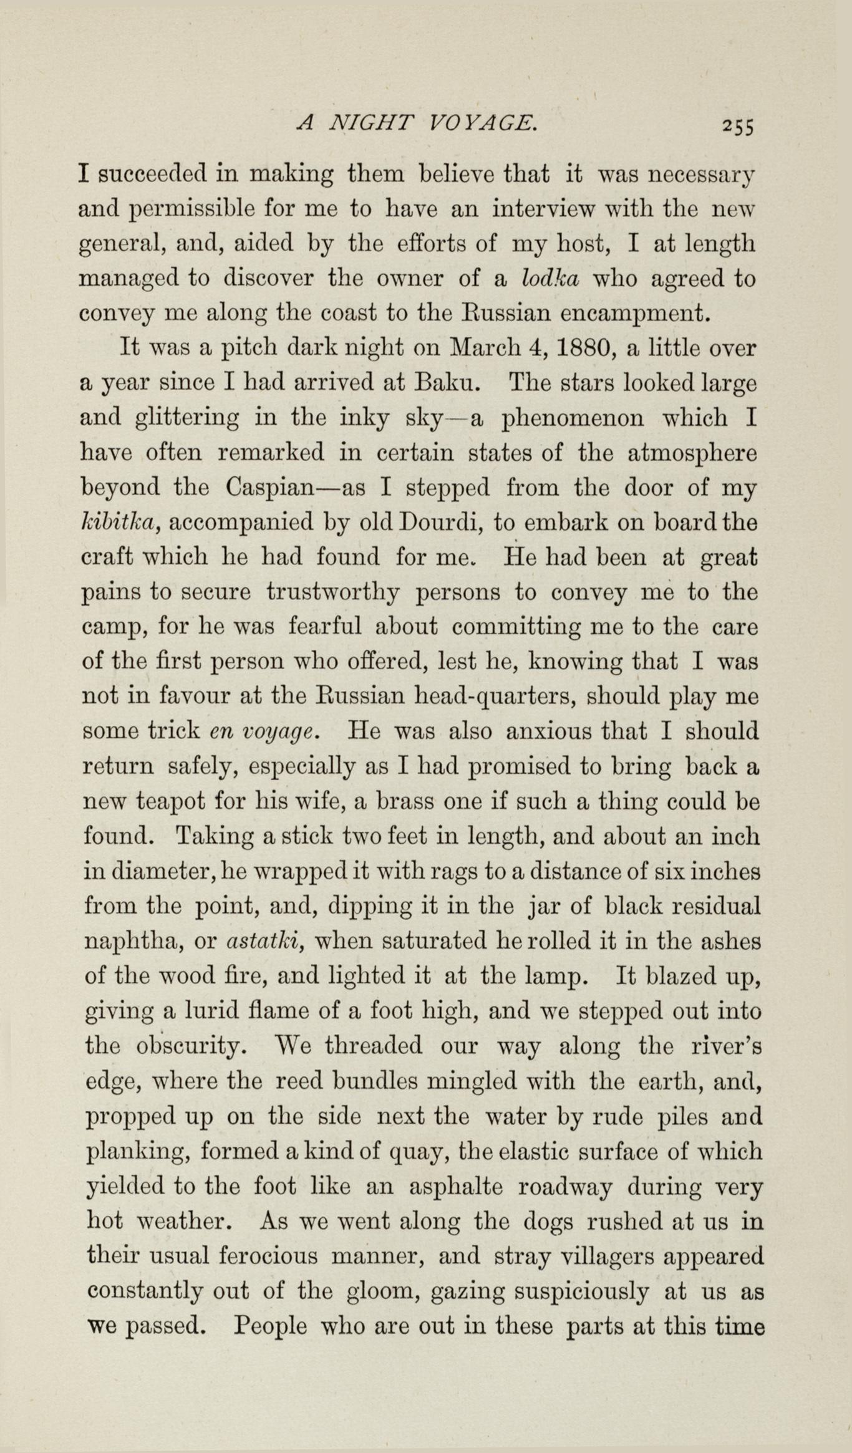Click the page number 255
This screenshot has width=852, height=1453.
pos(738,126)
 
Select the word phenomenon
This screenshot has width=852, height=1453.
pos(573,417)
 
